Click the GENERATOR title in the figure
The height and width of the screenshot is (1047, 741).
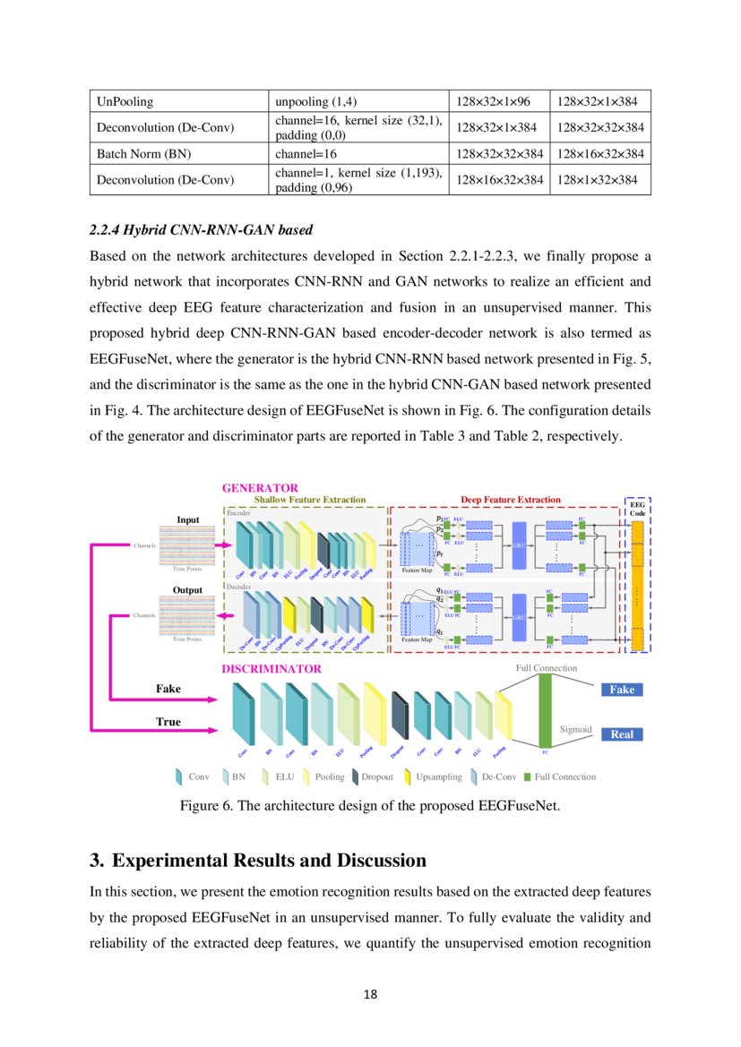coord(260,488)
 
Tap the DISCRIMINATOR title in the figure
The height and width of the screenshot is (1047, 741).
coord(271,668)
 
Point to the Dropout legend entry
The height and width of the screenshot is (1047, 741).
coord(368,777)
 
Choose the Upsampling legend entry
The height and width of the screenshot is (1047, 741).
coord(433,777)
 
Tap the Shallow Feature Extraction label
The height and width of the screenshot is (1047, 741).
coord(309,500)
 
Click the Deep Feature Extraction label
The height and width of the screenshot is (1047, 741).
coord(510,500)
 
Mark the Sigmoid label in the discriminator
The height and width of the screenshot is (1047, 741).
coord(576,729)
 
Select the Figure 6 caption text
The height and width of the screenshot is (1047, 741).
coord(370,806)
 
